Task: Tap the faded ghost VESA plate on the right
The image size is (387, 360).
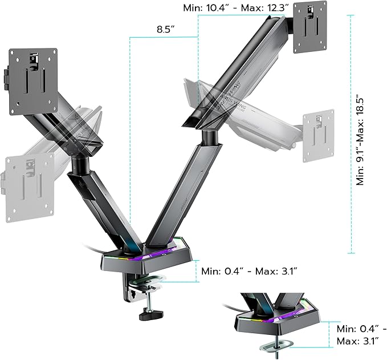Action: tap(317, 133)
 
